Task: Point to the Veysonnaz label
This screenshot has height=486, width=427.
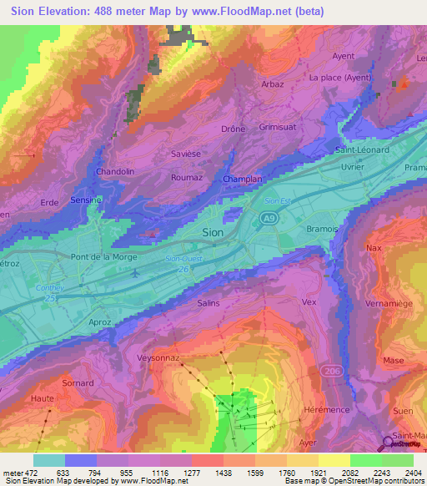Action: [x=158, y=357]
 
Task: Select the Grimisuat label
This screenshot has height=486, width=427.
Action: [x=278, y=128]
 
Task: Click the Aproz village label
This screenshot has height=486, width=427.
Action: [x=99, y=321]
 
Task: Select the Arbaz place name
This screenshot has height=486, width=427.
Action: [x=272, y=84]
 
